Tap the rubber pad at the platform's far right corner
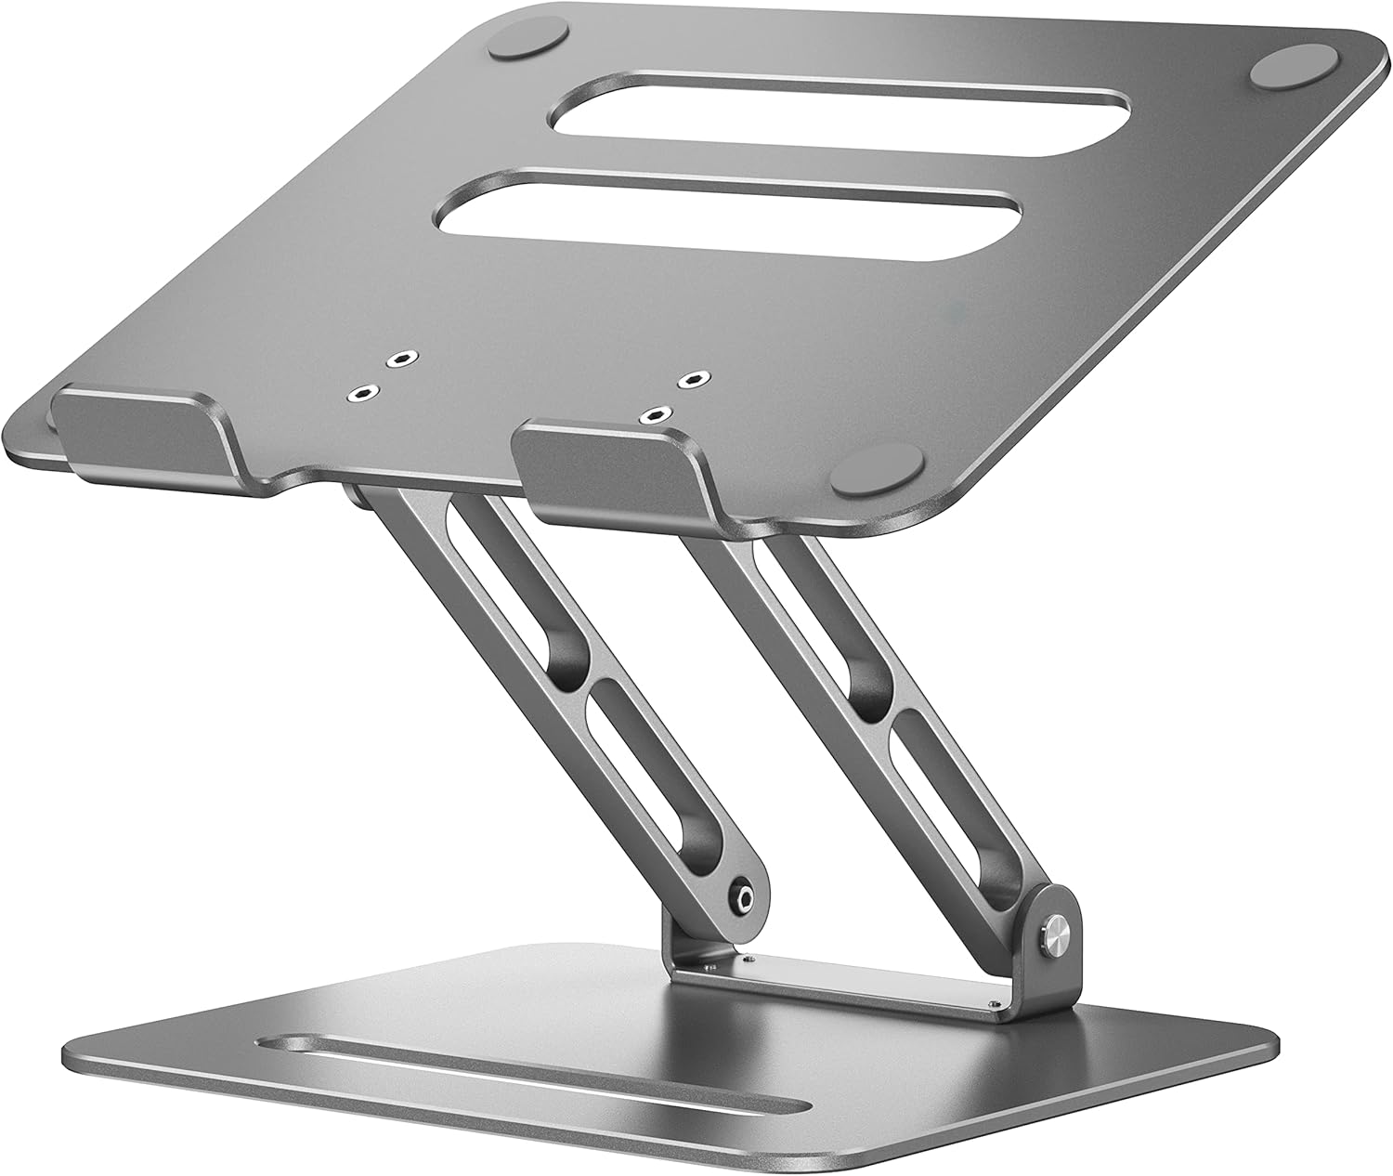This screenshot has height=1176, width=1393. [1295, 73]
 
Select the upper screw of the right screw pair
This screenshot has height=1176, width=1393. [689, 379]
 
